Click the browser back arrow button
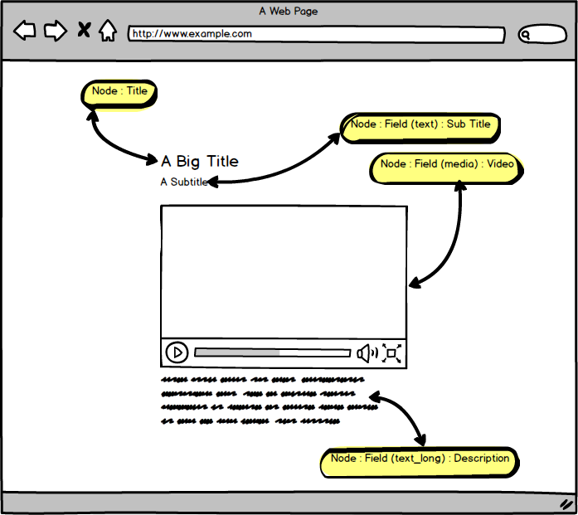[25, 32]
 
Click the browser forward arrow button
[55, 32]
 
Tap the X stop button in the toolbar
[83, 31]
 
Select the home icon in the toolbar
[107, 31]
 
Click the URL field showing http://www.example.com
[316, 35]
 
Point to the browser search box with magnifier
[542, 35]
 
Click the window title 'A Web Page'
[288, 12]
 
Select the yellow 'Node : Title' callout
[119, 93]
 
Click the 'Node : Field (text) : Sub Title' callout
[420, 125]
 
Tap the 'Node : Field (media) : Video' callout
[447, 166]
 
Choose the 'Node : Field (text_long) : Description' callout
[420, 460]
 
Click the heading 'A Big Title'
[200, 161]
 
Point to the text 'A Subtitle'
[183, 182]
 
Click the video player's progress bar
[272, 352]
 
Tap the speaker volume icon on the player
[367, 353]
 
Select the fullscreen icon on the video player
[392, 353]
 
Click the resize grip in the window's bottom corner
[566, 503]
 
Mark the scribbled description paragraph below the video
[262, 401]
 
